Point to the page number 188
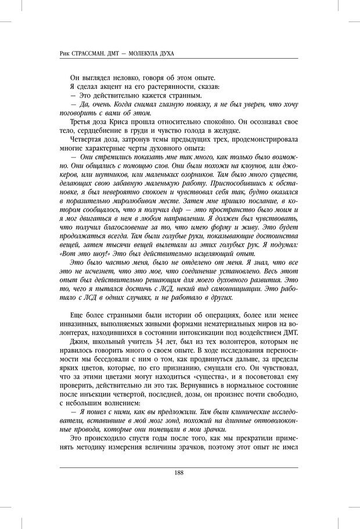(x=179, y=473)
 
